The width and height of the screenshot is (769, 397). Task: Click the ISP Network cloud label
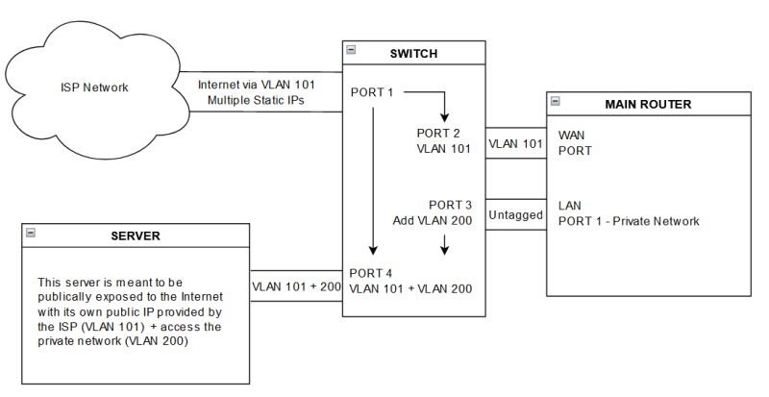pyautogui.click(x=93, y=88)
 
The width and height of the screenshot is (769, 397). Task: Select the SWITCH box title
pyautogui.click(x=416, y=53)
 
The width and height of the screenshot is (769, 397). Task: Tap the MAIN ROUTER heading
pyautogui.click(x=649, y=103)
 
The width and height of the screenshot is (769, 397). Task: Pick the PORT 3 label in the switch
pyautogui.click(x=450, y=205)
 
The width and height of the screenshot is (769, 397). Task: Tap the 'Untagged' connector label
pyautogui.click(x=514, y=215)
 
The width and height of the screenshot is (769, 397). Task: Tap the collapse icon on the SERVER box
pyautogui.click(x=31, y=233)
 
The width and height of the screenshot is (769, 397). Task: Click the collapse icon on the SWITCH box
pyautogui.click(x=352, y=49)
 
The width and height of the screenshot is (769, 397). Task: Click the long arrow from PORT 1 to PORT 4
pyautogui.click(x=372, y=183)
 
